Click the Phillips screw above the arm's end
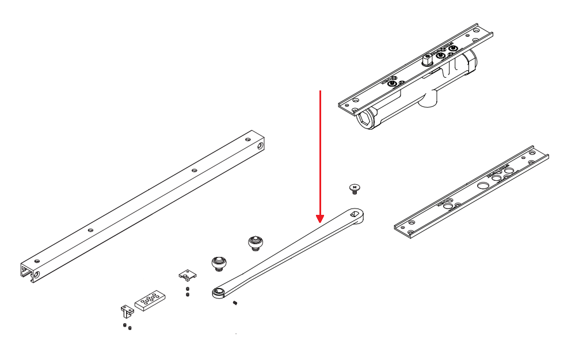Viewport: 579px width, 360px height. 355,188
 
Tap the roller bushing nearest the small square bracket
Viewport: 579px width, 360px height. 219,263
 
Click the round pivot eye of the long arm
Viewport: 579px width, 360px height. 218,293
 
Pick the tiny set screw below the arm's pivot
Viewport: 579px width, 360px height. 235,304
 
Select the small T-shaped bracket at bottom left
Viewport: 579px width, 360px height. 127,312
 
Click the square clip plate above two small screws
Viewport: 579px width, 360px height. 186,274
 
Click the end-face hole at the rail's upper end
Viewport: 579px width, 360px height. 261,146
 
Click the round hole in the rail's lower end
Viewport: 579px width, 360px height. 37,276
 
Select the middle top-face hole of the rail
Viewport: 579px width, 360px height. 194,170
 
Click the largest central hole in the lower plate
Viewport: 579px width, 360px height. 482,185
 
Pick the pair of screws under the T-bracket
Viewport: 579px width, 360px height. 127,327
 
